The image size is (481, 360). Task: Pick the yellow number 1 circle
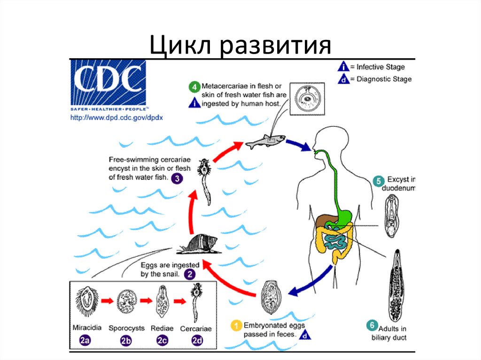pos(236,325)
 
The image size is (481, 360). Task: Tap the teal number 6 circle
pos(372,325)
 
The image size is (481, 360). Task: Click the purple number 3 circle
pos(177,178)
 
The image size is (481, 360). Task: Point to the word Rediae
pos(162,328)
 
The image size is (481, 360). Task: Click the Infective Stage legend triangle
pos(343,67)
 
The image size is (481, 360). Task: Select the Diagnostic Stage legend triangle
pos(343,79)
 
